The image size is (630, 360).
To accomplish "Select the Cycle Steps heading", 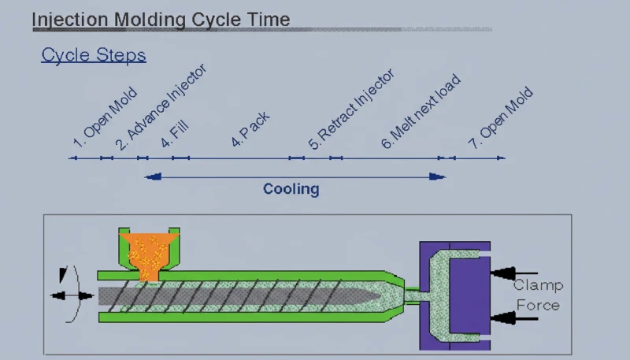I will click(x=94, y=55).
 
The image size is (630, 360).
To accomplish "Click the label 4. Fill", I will click(x=175, y=133).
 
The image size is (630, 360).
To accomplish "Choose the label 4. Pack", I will click(x=251, y=130).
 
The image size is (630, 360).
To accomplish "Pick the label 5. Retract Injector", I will click(x=350, y=110).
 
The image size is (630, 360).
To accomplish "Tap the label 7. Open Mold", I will click(x=500, y=119).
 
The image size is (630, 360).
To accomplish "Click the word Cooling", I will click(x=291, y=189).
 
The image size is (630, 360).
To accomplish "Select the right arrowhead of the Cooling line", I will click(x=436, y=177).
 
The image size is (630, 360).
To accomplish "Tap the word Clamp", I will click(x=538, y=286).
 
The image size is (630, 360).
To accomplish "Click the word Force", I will click(x=538, y=305).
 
